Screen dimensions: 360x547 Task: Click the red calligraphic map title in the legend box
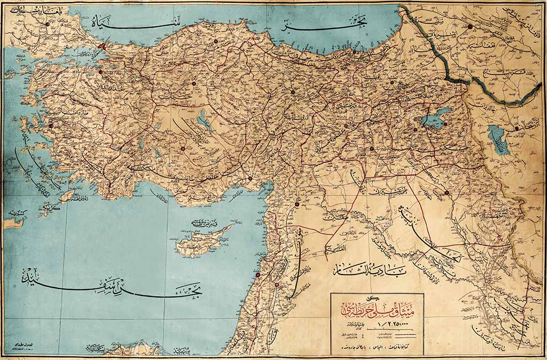tap(376, 309)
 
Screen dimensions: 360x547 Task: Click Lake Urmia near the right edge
tap(499, 140)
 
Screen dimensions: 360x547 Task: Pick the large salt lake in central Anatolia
tap(204, 121)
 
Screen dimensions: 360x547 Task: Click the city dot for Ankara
tap(194, 83)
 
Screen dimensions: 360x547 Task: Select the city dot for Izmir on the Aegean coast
tap(51, 127)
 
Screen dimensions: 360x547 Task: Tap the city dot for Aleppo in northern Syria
tap(298, 203)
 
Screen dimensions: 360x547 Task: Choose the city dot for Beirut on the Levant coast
tap(258, 275)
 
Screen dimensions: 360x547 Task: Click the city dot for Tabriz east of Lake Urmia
tap(517, 129)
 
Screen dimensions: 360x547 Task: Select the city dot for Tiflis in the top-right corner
tap(470, 26)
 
